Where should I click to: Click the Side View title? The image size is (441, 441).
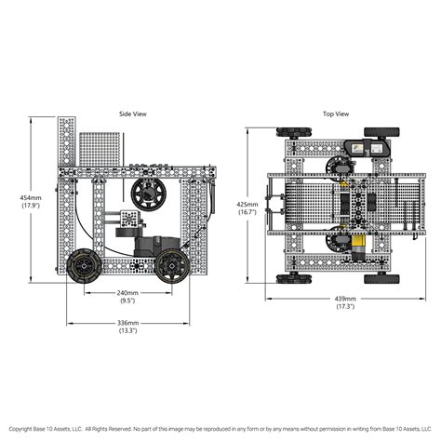[133, 114]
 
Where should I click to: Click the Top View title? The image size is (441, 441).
[336, 114]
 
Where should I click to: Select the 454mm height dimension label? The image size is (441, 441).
[31, 197]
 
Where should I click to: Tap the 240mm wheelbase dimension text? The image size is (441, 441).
[127, 292]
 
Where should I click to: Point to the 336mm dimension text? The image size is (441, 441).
[127, 323]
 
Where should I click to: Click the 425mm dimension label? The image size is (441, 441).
[247, 205]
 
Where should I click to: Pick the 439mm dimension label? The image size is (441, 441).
[345, 299]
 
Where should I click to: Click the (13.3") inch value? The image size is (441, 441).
[127, 330]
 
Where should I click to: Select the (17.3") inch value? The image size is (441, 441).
[345, 306]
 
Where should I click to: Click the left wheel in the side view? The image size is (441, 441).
[85, 266]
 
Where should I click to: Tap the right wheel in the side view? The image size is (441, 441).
[172, 266]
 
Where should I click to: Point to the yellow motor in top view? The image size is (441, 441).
[357, 246]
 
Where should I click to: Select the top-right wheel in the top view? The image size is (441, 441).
[381, 132]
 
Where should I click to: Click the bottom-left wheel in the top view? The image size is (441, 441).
[294, 279]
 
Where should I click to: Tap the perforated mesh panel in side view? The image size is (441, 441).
[100, 149]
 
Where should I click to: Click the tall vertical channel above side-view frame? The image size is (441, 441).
[67, 141]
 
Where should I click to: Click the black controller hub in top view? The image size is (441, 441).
[367, 148]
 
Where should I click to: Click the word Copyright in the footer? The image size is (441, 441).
[20, 429]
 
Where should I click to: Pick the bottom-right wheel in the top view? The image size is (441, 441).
[381, 279]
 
